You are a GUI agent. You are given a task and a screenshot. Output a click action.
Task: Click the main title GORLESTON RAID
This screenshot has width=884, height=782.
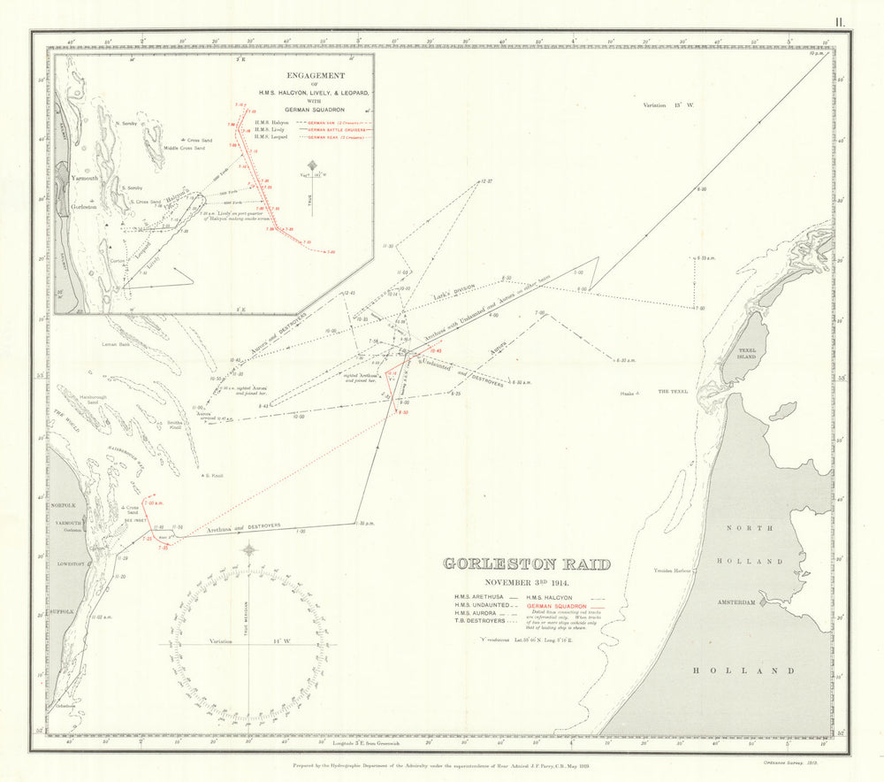[526, 564]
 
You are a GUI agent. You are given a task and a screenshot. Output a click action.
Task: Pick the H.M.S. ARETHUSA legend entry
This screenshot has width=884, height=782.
[478, 597]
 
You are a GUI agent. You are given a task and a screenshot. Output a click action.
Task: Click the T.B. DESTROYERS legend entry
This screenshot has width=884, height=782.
[478, 622]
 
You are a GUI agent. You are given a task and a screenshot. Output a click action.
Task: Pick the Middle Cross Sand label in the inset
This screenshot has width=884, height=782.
[187, 148]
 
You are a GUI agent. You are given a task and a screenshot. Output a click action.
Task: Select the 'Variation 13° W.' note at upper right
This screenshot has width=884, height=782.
[669, 105]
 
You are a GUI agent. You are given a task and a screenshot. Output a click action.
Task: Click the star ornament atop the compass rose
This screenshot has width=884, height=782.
[249, 550]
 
